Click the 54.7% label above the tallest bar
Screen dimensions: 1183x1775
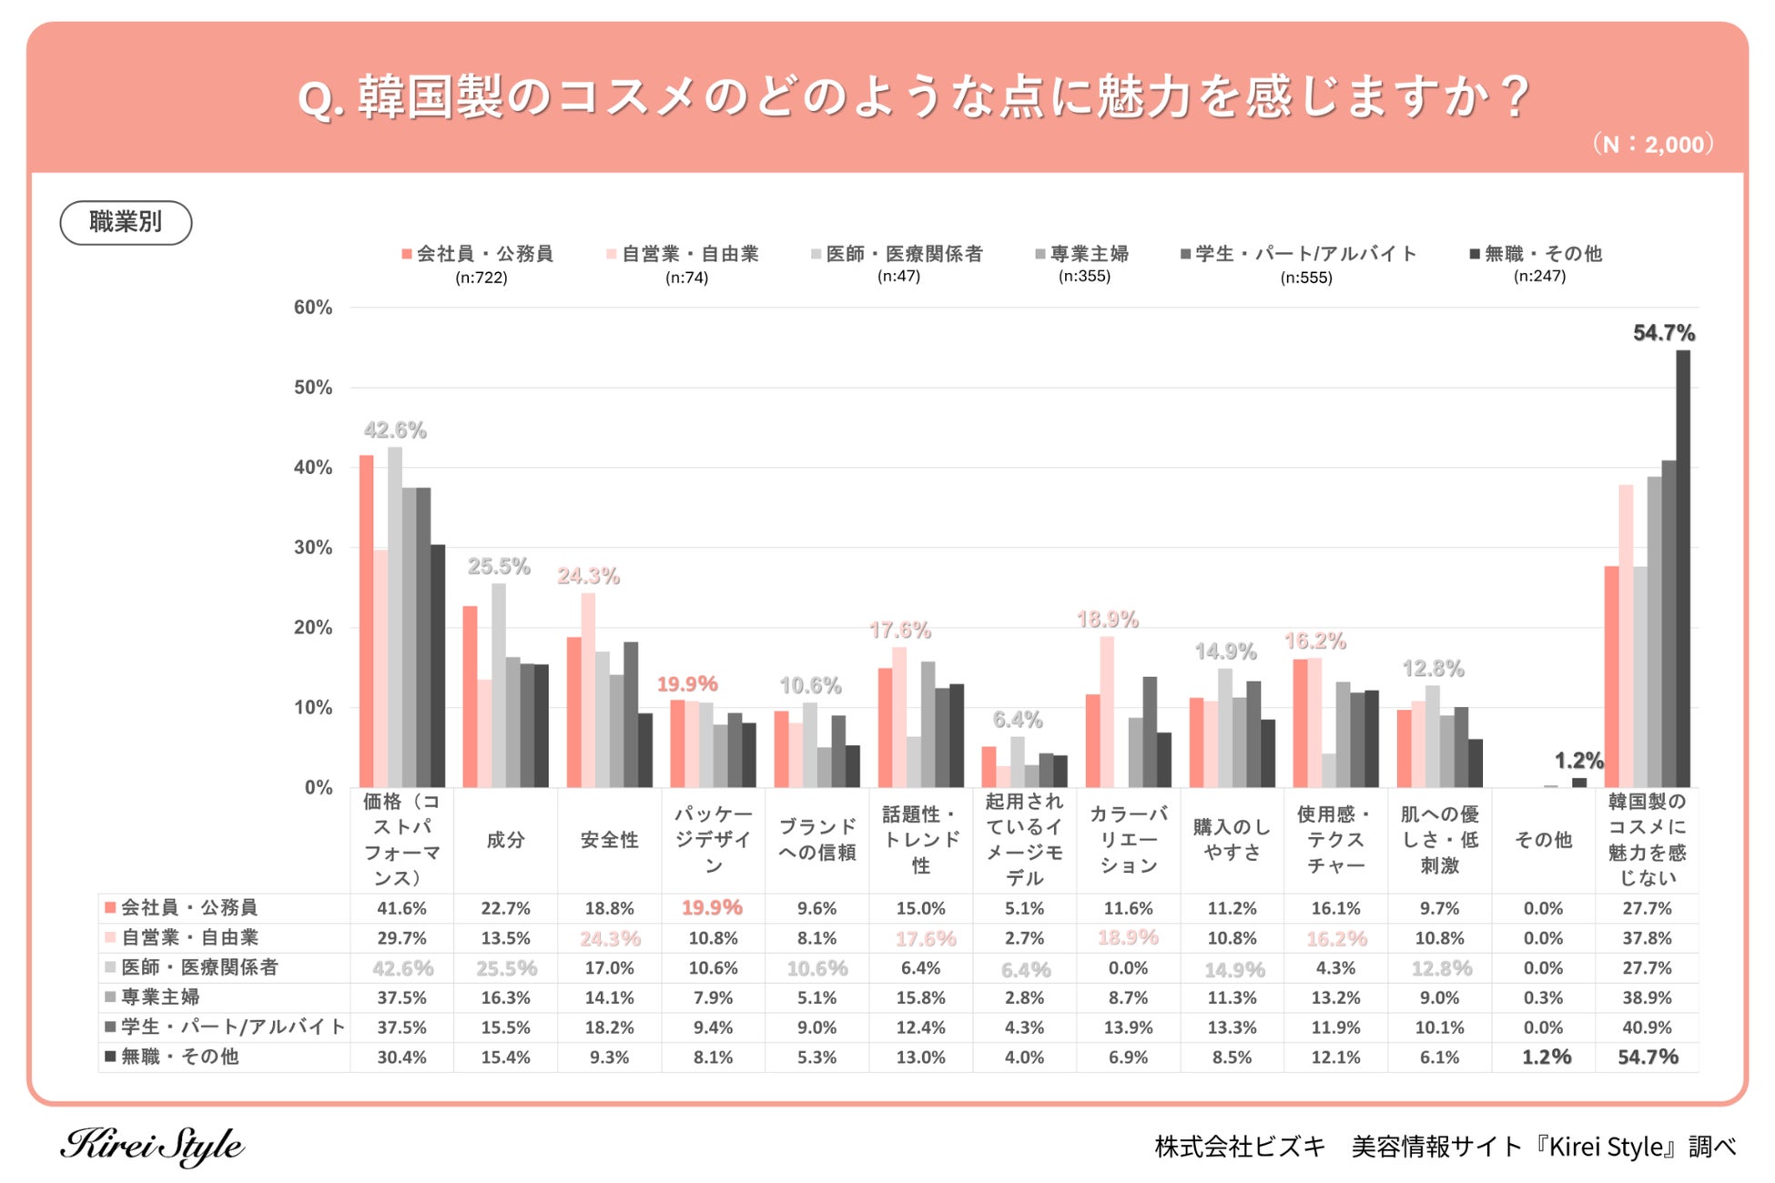pyautogui.click(x=1663, y=333)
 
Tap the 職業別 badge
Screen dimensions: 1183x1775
pyautogui.click(x=126, y=222)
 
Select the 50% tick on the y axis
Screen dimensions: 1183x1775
pyautogui.click(x=312, y=388)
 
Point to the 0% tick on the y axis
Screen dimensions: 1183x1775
pyautogui.click(x=318, y=788)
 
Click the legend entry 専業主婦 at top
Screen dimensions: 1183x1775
pyautogui.click(x=1083, y=254)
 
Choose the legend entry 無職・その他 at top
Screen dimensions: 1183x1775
pyautogui.click(x=1537, y=254)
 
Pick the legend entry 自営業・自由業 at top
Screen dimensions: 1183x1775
pyautogui.click(x=684, y=254)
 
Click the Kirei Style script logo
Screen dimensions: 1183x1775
pyautogui.click(x=152, y=1146)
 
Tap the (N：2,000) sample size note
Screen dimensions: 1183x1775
pyautogui.click(x=1652, y=144)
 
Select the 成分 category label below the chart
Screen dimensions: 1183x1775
pyautogui.click(x=505, y=840)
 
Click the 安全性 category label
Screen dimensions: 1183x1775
pyautogui.click(x=609, y=840)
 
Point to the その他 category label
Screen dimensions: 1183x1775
pyautogui.click(x=1543, y=840)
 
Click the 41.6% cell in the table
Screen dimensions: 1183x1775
pyautogui.click(x=401, y=908)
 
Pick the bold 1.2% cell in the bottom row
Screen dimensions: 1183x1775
pyautogui.click(x=1546, y=1057)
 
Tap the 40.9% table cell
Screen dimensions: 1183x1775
pyautogui.click(x=1647, y=1027)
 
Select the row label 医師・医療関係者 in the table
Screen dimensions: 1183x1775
pyautogui.click(x=199, y=967)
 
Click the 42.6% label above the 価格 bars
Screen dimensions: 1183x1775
pyautogui.click(x=395, y=430)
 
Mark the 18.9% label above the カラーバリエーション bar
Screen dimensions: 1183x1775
pyautogui.click(x=1107, y=620)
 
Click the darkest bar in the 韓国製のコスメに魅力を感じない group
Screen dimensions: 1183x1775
pyautogui.click(x=1683, y=569)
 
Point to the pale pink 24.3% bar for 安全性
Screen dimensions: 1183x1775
pyautogui.click(x=588, y=690)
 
